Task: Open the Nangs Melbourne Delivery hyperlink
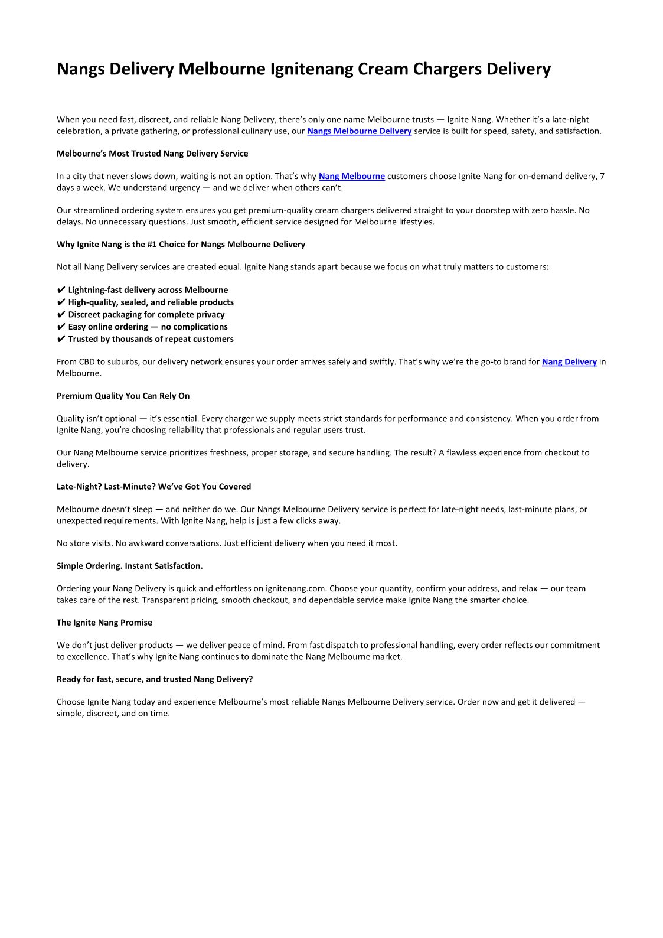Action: click(x=359, y=131)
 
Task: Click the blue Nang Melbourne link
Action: click(x=351, y=176)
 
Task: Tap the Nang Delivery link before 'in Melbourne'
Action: click(x=569, y=362)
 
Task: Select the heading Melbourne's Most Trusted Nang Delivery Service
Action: click(x=152, y=154)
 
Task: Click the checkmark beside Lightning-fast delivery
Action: click(x=61, y=290)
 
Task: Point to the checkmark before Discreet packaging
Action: click(x=61, y=315)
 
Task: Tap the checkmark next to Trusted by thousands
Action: click(x=61, y=339)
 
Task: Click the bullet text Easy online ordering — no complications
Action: click(x=148, y=327)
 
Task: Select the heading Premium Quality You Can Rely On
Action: click(x=123, y=396)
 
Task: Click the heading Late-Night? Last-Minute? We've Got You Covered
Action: click(x=153, y=487)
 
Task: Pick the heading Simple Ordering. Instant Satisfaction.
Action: click(x=129, y=566)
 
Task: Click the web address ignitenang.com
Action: click(x=295, y=588)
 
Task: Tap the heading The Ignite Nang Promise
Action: click(x=104, y=623)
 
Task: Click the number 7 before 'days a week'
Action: click(x=602, y=176)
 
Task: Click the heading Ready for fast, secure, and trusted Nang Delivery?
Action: click(x=155, y=679)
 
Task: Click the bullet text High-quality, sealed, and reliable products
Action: click(x=151, y=302)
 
